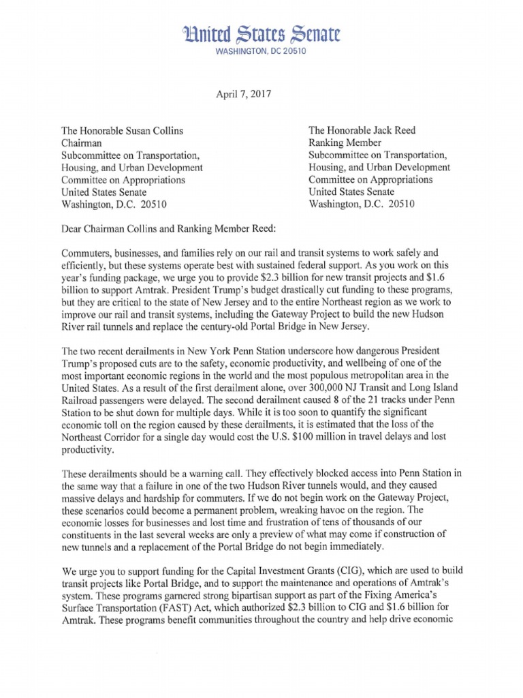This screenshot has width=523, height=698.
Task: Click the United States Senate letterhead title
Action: (x=261, y=33)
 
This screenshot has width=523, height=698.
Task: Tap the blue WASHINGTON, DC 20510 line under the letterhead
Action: (x=261, y=52)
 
